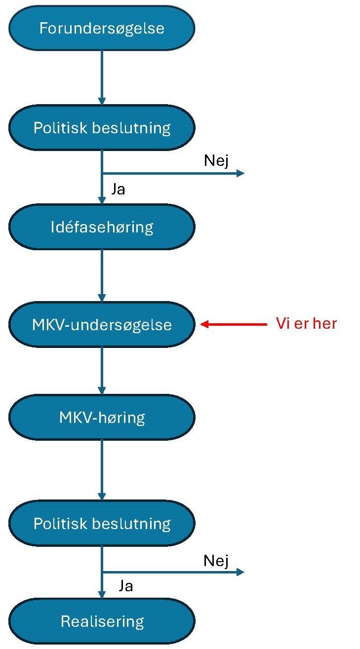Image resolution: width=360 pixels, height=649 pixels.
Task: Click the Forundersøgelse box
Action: (x=102, y=28)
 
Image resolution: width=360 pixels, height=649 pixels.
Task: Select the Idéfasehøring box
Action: (x=102, y=227)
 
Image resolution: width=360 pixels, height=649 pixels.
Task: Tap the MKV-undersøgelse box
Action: (x=102, y=325)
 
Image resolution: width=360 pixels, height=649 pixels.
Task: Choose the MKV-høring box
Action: (x=102, y=418)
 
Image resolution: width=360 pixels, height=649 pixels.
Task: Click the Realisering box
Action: (x=102, y=621)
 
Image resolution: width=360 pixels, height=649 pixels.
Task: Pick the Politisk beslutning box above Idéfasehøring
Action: (x=102, y=128)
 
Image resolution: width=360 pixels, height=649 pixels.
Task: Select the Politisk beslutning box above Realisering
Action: (x=102, y=523)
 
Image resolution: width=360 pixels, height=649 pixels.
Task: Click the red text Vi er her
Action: (x=306, y=324)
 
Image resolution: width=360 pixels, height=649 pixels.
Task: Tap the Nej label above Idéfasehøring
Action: (x=216, y=161)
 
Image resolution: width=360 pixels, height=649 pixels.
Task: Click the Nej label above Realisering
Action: (x=216, y=561)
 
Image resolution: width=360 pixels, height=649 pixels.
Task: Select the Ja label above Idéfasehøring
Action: (x=118, y=189)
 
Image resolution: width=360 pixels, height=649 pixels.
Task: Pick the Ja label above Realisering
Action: (x=126, y=586)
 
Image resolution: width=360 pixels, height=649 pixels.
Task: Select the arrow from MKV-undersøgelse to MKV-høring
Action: (x=102, y=370)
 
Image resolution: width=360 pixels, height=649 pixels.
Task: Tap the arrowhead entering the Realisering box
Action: (x=102, y=595)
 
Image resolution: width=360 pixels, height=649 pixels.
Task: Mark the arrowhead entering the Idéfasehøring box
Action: (x=102, y=200)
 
